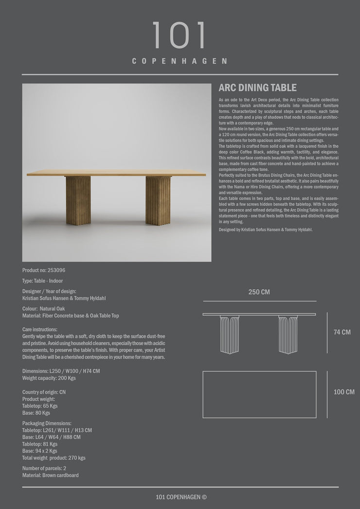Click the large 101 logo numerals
tap(180, 35)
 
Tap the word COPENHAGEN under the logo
tap(180, 61)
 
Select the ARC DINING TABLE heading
tap(257, 88)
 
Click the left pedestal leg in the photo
tap(78, 200)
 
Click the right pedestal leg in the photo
tap(158, 200)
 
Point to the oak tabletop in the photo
tap(116, 173)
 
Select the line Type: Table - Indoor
tap(42, 281)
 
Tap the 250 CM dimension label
tap(259, 292)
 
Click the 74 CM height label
tap(342, 333)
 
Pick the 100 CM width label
tap(344, 392)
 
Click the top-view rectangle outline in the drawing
tap(259, 394)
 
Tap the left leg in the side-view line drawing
tap(230, 334)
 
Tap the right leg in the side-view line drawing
tap(288, 334)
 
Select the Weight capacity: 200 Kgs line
tap(49, 378)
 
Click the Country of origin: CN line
tap(44, 392)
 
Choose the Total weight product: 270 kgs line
tap(54, 458)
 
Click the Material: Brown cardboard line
tap(50, 475)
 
